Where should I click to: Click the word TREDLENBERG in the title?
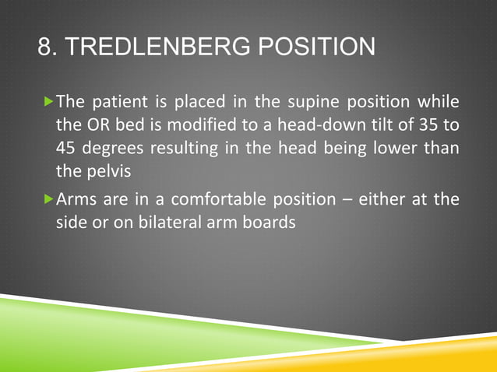click(153, 48)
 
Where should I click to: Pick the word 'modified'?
click(180, 125)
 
